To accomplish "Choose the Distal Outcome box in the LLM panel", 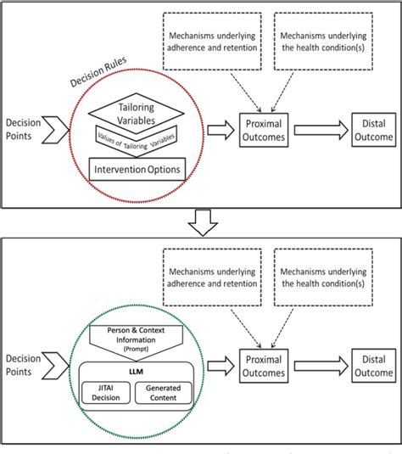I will pos(367,366).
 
